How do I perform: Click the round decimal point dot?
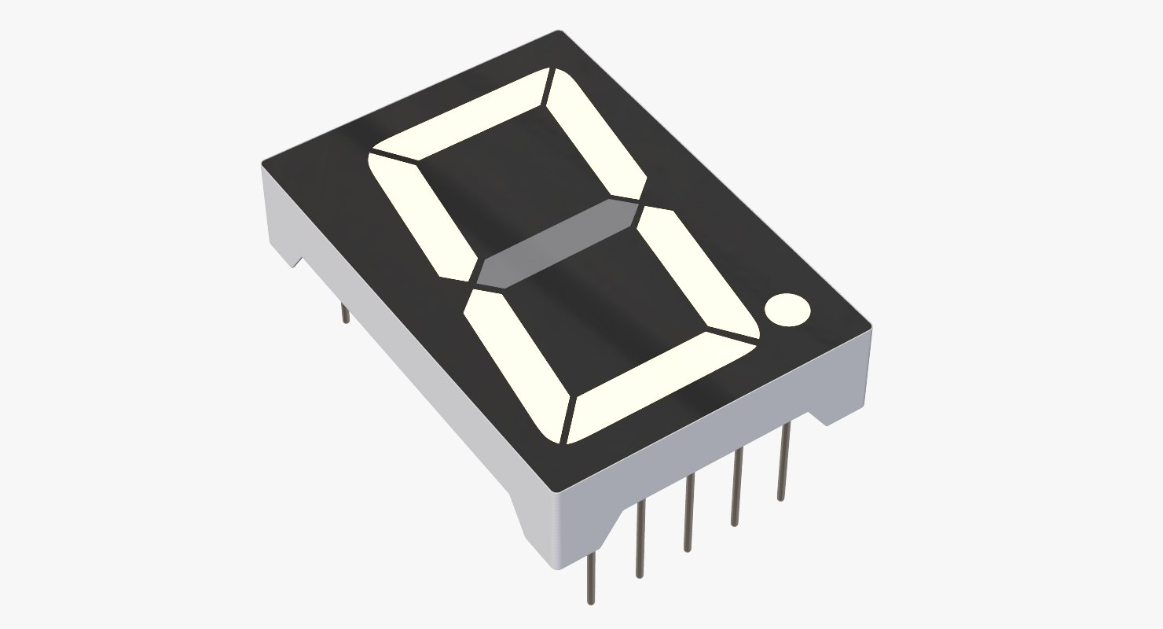[x=787, y=309]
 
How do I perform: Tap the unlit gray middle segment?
[x=558, y=244]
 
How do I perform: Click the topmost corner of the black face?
[x=560, y=33]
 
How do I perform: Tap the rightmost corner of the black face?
[x=869, y=324]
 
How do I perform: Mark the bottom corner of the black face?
[x=556, y=490]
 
